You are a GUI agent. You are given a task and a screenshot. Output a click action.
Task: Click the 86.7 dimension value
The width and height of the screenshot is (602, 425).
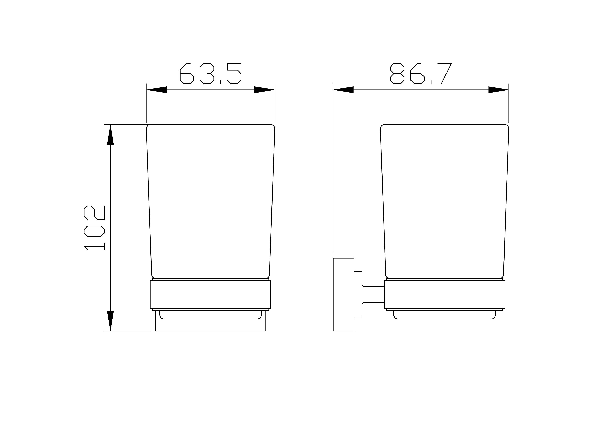421,74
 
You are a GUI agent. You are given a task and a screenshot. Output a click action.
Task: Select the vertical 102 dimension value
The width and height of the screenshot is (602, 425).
94,228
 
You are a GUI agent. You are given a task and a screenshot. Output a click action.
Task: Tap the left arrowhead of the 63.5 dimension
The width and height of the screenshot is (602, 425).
157,90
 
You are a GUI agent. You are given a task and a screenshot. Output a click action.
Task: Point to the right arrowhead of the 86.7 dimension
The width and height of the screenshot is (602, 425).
498,90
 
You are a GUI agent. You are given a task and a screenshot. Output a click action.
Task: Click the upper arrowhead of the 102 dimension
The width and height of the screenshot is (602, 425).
110,135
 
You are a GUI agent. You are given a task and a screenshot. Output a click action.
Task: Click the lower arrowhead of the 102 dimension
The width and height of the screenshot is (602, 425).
110,321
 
